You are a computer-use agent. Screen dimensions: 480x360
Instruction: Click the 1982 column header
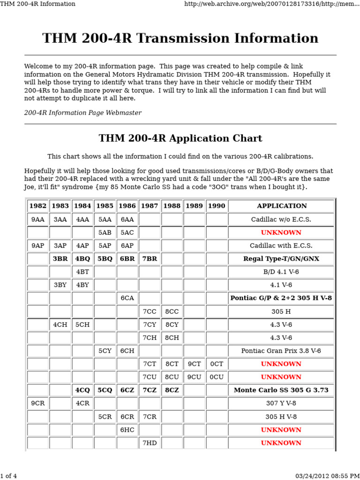pyautogui.click(x=37, y=206)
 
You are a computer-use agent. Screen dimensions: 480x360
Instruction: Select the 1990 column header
pyautogui.click(x=217, y=206)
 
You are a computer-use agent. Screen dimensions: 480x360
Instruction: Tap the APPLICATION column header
pyautogui.click(x=282, y=206)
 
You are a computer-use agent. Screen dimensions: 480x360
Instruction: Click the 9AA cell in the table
pyautogui.click(x=37, y=219)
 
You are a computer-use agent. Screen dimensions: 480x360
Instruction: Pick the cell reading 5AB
pyautogui.click(x=105, y=232)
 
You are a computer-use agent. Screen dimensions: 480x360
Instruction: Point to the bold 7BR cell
pyautogui.click(x=150, y=259)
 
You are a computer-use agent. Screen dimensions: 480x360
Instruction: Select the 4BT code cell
pyautogui.click(x=82, y=272)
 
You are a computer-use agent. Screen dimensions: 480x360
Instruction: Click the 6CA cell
pyautogui.click(x=127, y=298)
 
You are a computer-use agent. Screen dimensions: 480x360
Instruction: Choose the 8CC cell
pyautogui.click(x=172, y=311)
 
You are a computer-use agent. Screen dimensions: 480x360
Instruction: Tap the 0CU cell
pyautogui.click(x=217, y=377)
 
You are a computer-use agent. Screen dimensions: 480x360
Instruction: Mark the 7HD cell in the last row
pyautogui.click(x=150, y=443)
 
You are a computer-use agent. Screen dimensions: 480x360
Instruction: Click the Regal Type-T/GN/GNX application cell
pyautogui.click(x=281, y=259)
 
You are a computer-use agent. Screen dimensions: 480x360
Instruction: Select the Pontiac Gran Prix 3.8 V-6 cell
pyautogui.click(x=281, y=351)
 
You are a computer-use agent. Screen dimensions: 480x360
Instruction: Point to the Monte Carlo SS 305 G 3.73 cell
pyautogui.click(x=281, y=390)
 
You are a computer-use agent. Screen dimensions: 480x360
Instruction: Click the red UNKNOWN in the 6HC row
pyautogui.click(x=281, y=430)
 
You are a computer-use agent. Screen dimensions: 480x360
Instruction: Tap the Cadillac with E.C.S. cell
pyautogui.click(x=281, y=246)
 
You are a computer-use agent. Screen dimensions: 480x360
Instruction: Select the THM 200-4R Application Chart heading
pyautogui.click(x=180, y=138)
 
